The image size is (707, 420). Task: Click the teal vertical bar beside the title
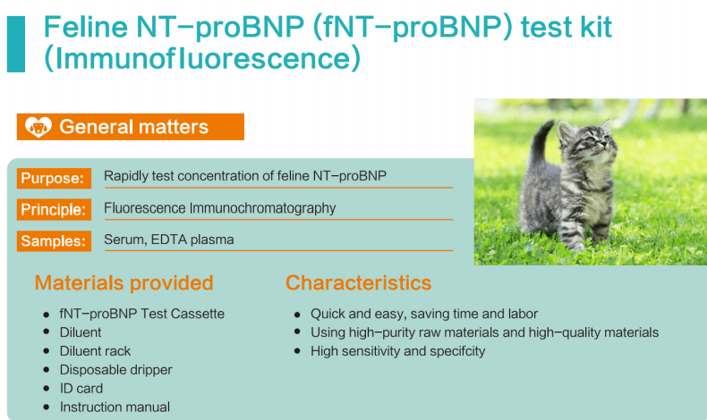click(16, 44)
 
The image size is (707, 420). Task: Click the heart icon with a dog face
click(38, 127)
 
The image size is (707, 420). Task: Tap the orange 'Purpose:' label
click(54, 178)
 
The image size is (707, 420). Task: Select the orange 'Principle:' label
click(54, 209)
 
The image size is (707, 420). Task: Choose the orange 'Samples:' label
click(54, 241)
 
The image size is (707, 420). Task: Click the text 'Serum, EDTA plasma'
click(168, 239)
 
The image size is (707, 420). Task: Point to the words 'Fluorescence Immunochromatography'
click(219, 208)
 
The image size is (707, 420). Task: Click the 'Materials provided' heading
click(124, 282)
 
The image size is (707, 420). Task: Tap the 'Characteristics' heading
click(359, 282)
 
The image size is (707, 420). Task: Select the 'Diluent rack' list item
click(95, 351)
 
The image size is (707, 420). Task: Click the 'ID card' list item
click(81, 389)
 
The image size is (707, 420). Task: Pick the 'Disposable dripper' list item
click(115, 370)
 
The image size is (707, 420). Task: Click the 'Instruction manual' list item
click(115, 407)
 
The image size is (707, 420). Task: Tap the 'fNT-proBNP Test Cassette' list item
click(142, 314)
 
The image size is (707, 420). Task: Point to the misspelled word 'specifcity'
click(457, 351)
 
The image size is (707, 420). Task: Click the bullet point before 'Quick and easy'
click(297, 315)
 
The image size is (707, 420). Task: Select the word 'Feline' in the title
click(86, 27)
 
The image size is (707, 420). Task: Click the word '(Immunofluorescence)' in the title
click(202, 58)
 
